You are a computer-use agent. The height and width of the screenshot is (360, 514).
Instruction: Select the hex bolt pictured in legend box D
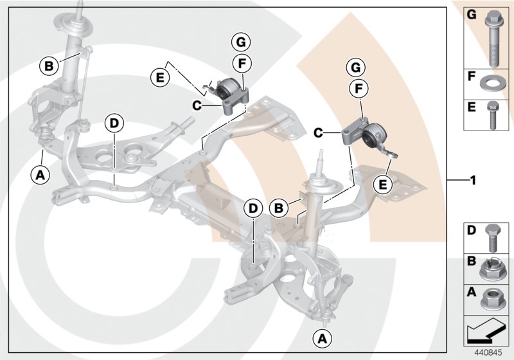click(x=493, y=237)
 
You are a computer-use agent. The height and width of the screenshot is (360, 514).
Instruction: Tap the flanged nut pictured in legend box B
click(x=493, y=269)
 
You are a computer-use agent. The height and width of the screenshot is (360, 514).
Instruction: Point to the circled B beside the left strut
click(x=49, y=65)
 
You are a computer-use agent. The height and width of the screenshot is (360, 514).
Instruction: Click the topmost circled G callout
click(x=240, y=43)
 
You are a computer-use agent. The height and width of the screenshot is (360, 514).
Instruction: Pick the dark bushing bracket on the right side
click(x=364, y=135)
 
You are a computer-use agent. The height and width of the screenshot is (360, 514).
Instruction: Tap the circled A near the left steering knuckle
click(x=40, y=173)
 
